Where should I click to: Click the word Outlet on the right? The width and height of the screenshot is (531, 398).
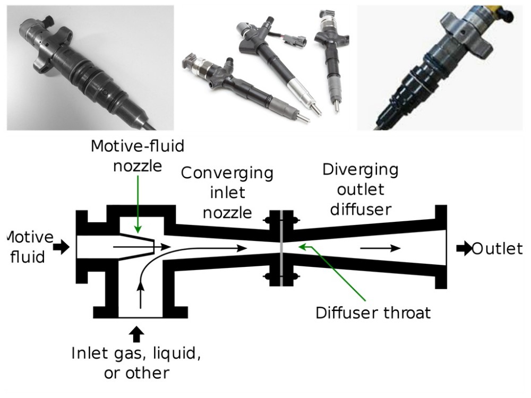click(497, 248)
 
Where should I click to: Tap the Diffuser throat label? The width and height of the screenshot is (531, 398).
click(373, 312)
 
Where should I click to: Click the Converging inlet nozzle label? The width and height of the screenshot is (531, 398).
click(227, 193)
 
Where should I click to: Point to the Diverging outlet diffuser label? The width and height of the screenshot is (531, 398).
click(361, 189)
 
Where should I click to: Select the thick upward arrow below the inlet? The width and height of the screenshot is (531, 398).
click(137, 333)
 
